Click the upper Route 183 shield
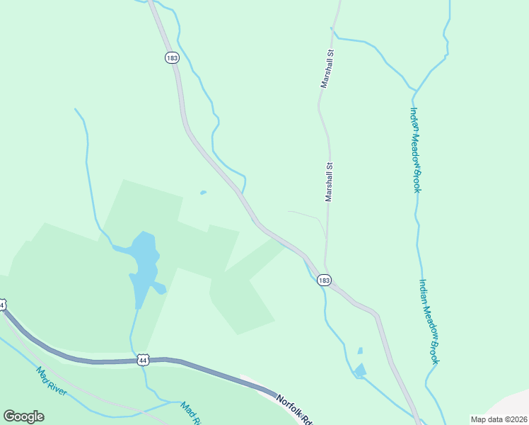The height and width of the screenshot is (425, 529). point(172,57)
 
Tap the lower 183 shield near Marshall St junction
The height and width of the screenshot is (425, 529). point(324,280)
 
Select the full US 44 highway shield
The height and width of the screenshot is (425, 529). point(144,360)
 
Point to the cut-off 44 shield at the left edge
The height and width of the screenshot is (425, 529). point(2,305)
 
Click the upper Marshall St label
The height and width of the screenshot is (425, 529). point(327,69)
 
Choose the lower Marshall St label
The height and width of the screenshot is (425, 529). point(329,182)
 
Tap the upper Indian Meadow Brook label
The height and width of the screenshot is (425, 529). point(417,149)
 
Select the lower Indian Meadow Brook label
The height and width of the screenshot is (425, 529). point(429,321)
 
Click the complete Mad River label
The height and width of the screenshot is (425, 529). point(52,380)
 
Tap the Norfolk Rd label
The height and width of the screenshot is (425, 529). point(293,409)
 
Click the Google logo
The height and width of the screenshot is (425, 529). point(23,416)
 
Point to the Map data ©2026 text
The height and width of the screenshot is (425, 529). point(498,419)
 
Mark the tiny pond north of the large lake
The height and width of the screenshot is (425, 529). point(204,192)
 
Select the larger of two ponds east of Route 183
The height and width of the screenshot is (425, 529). point(360,370)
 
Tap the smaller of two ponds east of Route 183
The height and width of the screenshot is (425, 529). point(360,350)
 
